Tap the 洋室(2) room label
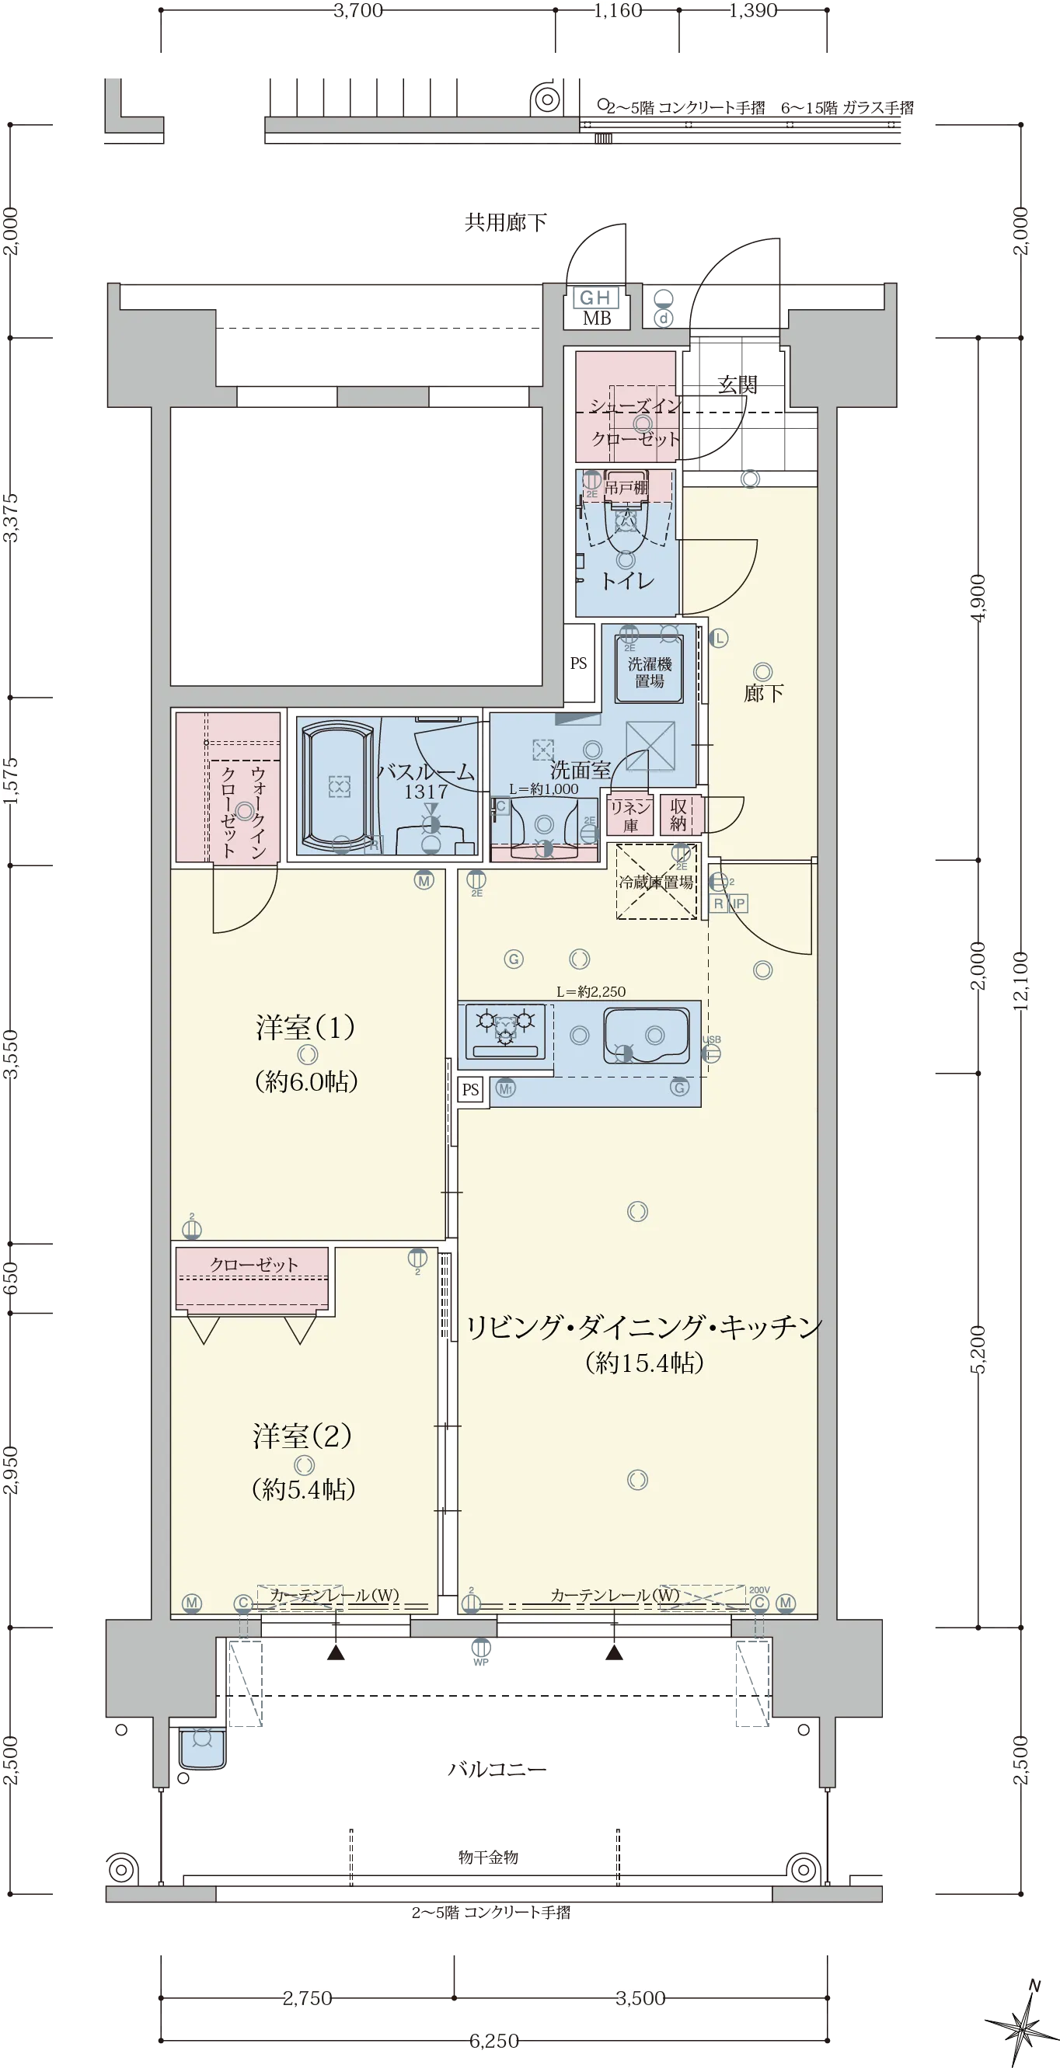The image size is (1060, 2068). click(x=303, y=1436)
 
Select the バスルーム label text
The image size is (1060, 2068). click(x=426, y=771)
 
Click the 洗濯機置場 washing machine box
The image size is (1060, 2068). click(x=649, y=671)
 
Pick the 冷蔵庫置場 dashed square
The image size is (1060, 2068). click(x=656, y=882)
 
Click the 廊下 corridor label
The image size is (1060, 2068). click(x=763, y=693)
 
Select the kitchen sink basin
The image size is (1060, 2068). click(x=647, y=1036)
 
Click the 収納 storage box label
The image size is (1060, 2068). click(x=679, y=815)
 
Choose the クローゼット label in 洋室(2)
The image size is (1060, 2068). click(x=254, y=1265)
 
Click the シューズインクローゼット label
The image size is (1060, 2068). click(x=634, y=423)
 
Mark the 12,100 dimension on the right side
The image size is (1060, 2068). click(x=1020, y=981)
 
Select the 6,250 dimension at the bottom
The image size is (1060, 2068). click(x=494, y=2040)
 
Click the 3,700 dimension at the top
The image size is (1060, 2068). click(x=359, y=10)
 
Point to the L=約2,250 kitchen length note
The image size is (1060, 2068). click(x=591, y=991)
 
